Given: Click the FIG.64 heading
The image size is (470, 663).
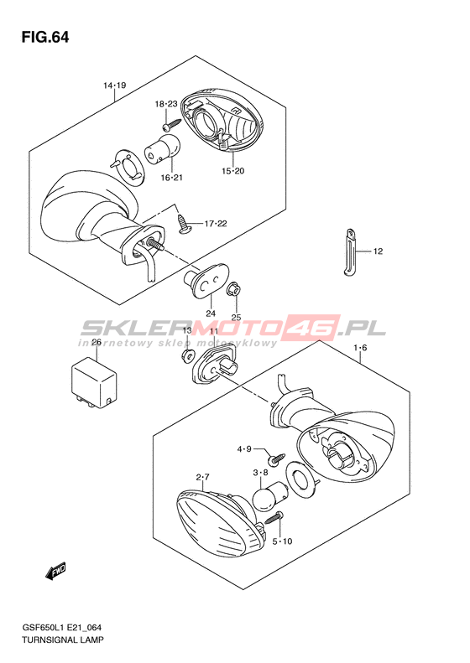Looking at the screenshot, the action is pyautogui.click(x=44, y=38).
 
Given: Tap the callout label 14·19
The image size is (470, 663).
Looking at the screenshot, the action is pyautogui.click(x=115, y=85).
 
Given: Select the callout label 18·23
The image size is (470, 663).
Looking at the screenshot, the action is pyautogui.click(x=166, y=104).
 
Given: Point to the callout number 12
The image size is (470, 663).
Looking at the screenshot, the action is pyautogui.click(x=378, y=251).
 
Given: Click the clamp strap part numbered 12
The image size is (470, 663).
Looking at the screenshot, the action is pyautogui.click(x=351, y=252).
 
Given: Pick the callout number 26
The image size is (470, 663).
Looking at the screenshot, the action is pyautogui.click(x=97, y=342).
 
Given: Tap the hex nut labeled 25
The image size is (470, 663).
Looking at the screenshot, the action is pyautogui.click(x=233, y=291).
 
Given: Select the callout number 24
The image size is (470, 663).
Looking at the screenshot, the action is pyautogui.click(x=211, y=313).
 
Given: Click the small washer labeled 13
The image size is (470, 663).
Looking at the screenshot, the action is pyautogui.click(x=186, y=356).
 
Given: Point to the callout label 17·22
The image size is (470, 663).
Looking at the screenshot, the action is pyautogui.click(x=216, y=223).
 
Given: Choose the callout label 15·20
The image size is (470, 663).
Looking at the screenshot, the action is pyautogui.click(x=232, y=171).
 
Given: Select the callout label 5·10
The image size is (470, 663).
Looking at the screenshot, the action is pyautogui.click(x=282, y=541).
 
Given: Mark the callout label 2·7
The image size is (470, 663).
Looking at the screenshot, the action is pyautogui.click(x=202, y=478).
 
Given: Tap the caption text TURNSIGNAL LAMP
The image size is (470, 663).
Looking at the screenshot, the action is pyautogui.click(x=63, y=640).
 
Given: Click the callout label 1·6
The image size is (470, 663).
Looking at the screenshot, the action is pyautogui.click(x=360, y=348).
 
